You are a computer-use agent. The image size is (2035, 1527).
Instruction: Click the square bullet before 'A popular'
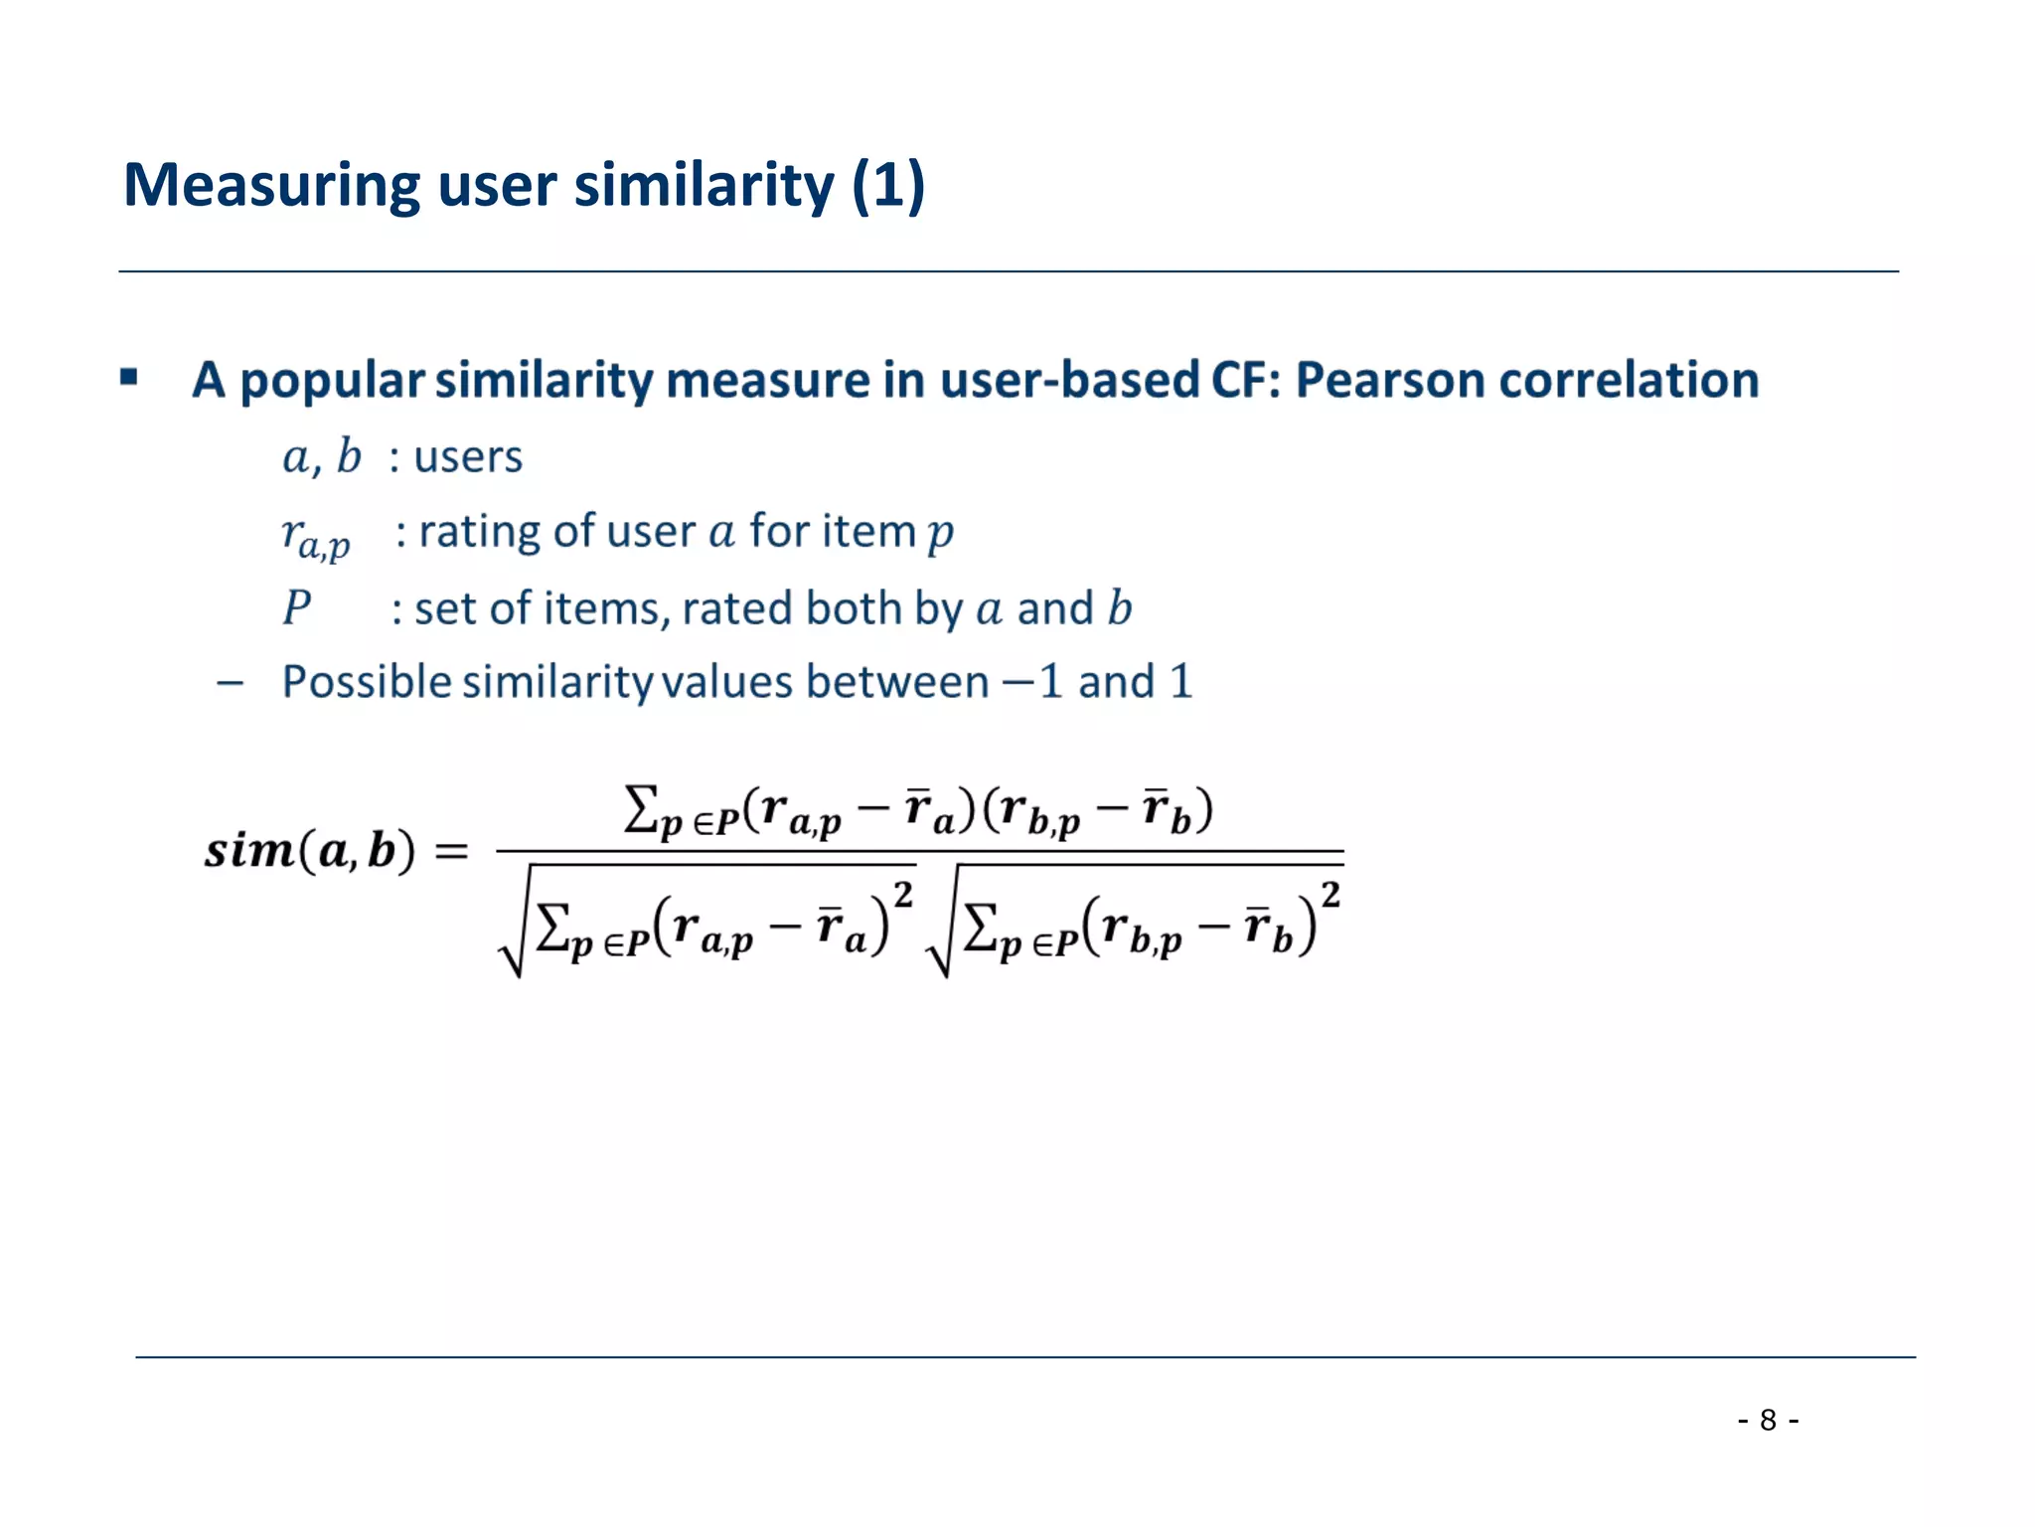129,378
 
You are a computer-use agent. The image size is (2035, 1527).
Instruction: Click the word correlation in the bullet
1629,380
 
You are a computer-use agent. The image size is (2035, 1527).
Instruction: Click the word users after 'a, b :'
468,458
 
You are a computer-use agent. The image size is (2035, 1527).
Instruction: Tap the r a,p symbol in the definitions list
315,538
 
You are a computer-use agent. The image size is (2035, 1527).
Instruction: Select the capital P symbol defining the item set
296,607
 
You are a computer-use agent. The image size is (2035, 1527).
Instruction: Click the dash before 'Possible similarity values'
231,683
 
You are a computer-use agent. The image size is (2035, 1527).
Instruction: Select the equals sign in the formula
452,851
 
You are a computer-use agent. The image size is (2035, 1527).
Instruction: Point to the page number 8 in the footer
1768,1420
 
